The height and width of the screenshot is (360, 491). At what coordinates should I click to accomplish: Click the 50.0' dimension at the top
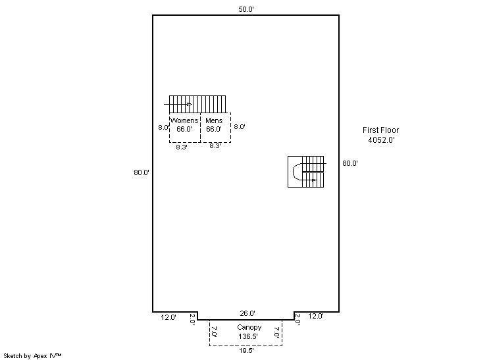pyautogui.click(x=245, y=9)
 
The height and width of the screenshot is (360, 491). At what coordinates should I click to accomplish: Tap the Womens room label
pyautogui.click(x=184, y=120)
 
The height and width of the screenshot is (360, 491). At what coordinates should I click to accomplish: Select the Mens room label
pyautogui.click(x=214, y=120)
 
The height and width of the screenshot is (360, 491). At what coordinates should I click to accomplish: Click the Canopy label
pyautogui.click(x=249, y=328)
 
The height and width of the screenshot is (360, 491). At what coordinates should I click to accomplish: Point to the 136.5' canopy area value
pyautogui.click(x=248, y=336)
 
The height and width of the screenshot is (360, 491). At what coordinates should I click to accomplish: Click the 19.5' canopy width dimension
pyautogui.click(x=246, y=351)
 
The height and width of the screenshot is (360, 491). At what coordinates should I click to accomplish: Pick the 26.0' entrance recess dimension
pyautogui.click(x=247, y=313)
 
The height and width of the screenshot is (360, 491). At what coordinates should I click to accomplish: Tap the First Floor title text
pyautogui.click(x=381, y=130)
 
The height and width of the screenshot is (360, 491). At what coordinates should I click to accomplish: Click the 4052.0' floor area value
pyautogui.click(x=381, y=140)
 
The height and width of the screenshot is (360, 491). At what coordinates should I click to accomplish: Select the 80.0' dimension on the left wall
pyautogui.click(x=142, y=172)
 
